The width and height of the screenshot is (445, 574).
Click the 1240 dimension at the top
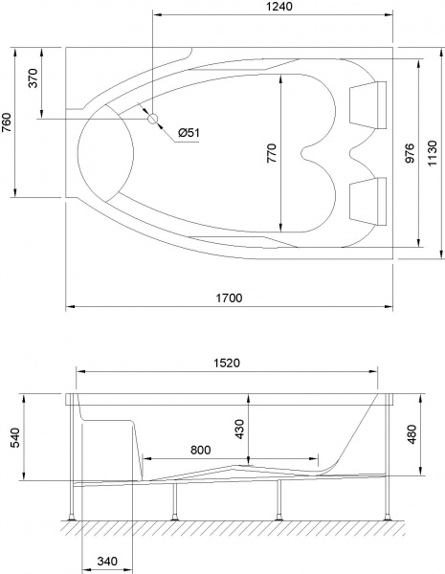(274, 7)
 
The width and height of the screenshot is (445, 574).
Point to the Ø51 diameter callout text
(189, 133)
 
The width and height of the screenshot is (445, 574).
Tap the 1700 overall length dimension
(229, 298)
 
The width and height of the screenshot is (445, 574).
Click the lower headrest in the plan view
(368, 199)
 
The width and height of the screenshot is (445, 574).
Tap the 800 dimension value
(200, 449)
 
